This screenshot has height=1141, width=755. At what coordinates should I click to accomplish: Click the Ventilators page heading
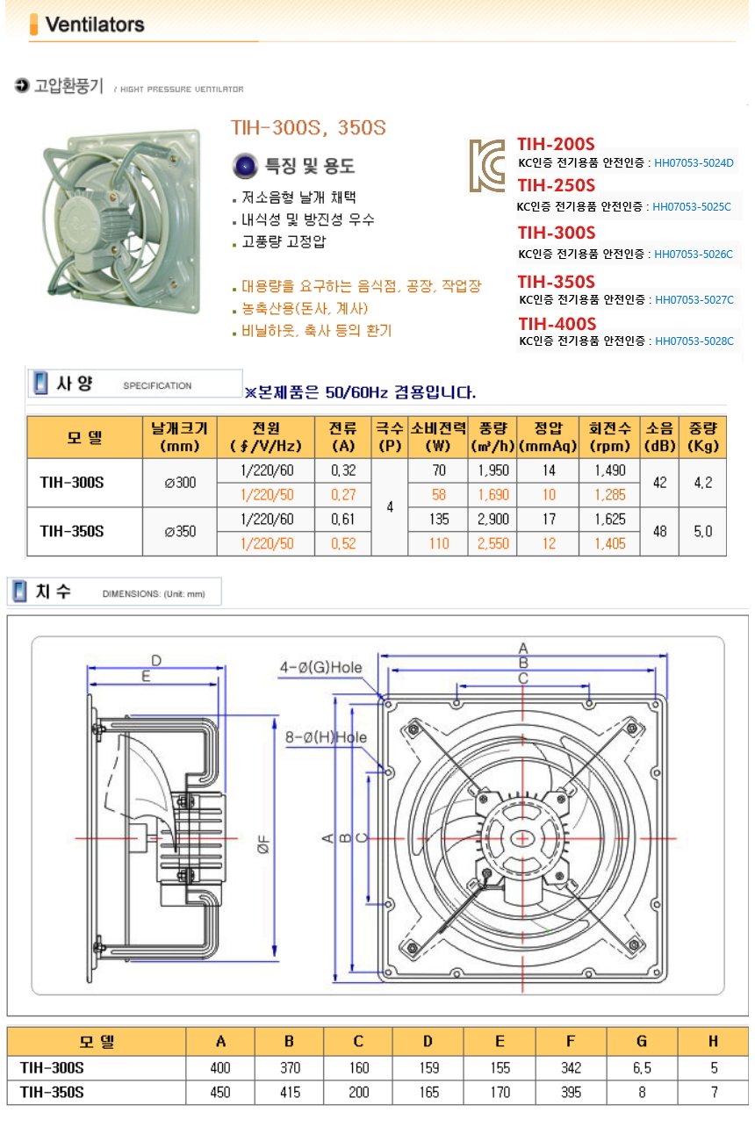(95, 25)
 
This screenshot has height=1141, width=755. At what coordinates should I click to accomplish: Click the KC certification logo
(487, 166)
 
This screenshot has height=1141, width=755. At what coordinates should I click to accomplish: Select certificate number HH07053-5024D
(694, 163)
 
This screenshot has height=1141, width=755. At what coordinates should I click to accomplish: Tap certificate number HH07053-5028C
(694, 341)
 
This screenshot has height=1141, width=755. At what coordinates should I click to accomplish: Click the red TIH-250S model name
(557, 185)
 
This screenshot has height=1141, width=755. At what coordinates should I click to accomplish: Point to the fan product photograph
(122, 222)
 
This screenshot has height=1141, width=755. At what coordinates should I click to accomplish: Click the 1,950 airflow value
(493, 470)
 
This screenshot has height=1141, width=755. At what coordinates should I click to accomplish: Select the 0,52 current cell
(343, 543)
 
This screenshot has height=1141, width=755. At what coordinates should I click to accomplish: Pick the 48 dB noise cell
(659, 531)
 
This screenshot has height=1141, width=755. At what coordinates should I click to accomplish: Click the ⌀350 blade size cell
(180, 531)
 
